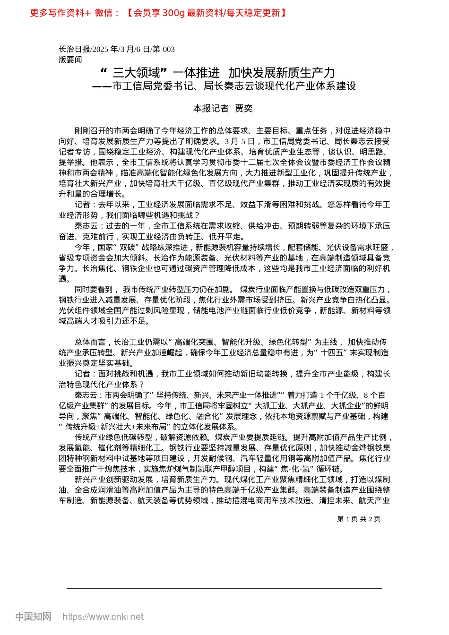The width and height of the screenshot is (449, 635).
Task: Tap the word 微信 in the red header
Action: click(103, 13)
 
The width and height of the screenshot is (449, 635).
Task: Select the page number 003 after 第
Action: click(168, 49)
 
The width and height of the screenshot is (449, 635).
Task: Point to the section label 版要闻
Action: click(70, 60)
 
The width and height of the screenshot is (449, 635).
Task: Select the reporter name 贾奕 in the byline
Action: click(244, 109)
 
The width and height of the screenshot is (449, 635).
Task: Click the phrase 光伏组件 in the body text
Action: click(74, 310)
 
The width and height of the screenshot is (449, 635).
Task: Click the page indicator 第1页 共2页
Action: click(358, 519)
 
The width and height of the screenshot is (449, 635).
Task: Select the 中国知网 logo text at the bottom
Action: click(33, 617)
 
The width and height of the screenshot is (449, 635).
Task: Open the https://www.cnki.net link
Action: click(103, 617)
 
